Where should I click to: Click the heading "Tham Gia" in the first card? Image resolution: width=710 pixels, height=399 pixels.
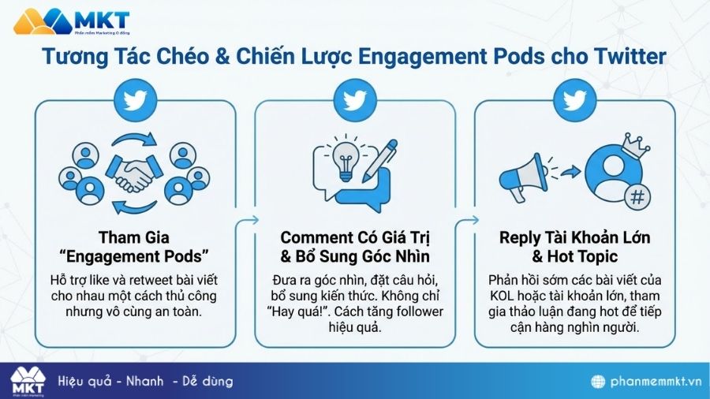[134, 237]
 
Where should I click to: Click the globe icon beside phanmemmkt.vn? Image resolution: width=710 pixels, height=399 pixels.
[599, 382]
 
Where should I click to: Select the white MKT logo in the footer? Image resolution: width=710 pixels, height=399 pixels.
[28, 382]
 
